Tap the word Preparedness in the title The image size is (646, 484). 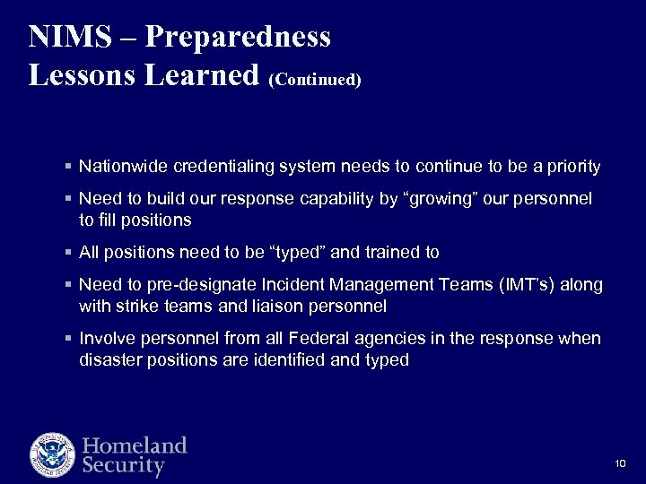(238, 37)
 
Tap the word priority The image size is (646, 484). (572, 167)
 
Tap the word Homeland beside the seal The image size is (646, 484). (135, 445)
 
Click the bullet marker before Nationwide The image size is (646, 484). (69, 168)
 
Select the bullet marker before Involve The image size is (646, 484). (69, 340)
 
